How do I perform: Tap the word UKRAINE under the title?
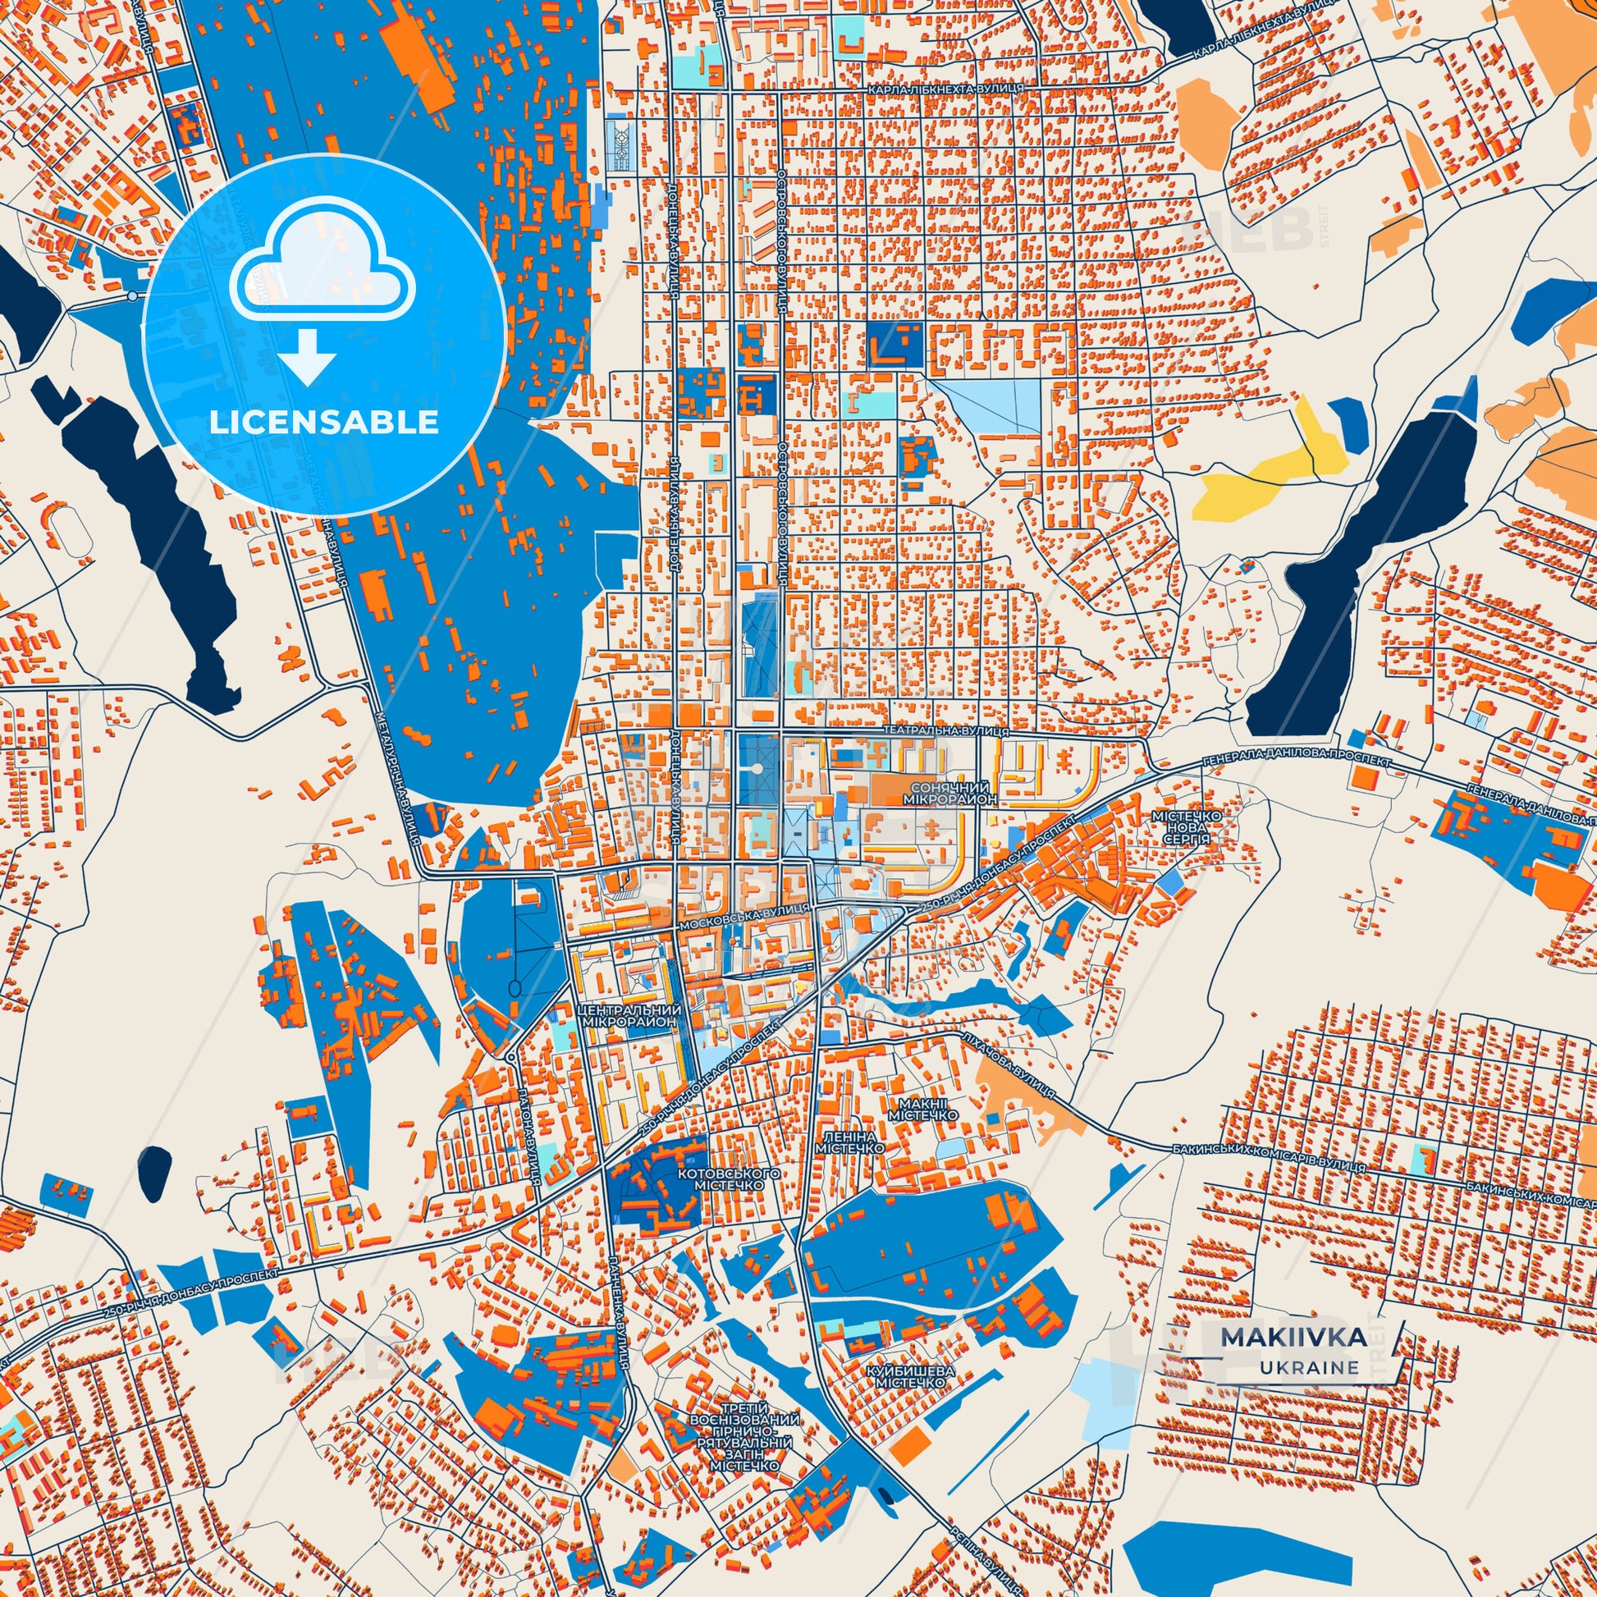[1309, 1390]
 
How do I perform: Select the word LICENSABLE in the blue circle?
[323, 423]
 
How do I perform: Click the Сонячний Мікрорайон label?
[953, 794]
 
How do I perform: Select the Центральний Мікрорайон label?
[631, 1016]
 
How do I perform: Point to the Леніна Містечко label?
[849, 1142]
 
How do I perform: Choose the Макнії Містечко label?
[924, 1110]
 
